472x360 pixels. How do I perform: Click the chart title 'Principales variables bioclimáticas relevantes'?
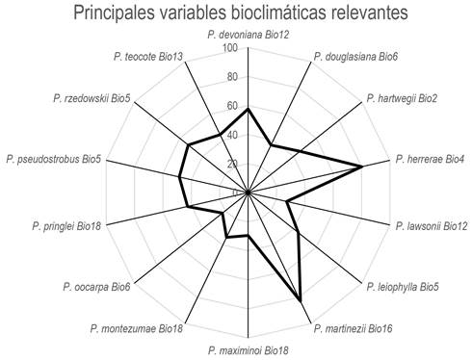(x=235, y=13)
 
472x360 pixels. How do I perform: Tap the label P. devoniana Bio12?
(x=249, y=36)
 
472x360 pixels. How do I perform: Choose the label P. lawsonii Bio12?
(x=432, y=226)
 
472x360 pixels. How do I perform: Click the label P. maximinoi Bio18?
(x=249, y=349)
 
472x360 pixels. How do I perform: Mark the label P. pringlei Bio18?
(x=66, y=226)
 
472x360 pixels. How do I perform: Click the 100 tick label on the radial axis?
(x=230, y=48)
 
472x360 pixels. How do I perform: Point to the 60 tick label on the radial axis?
(x=233, y=106)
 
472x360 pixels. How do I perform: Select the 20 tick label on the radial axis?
(x=233, y=164)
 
